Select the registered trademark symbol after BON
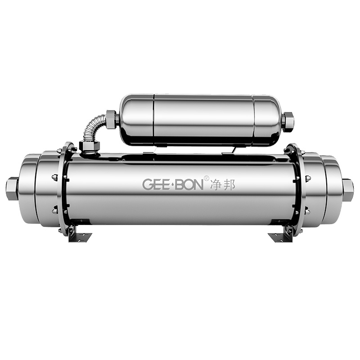point(207,178)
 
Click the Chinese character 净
point(217,184)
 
